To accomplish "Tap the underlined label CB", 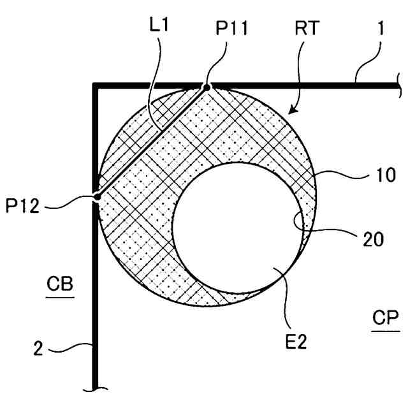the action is coord(61,284).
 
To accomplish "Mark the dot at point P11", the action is coord(206,87).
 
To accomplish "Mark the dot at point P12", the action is coord(96,197).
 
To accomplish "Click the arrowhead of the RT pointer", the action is coord(290,113).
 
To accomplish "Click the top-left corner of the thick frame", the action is coord(96,85).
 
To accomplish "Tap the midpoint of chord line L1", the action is coord(151,142).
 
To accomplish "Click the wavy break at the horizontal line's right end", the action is coord(398,85).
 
